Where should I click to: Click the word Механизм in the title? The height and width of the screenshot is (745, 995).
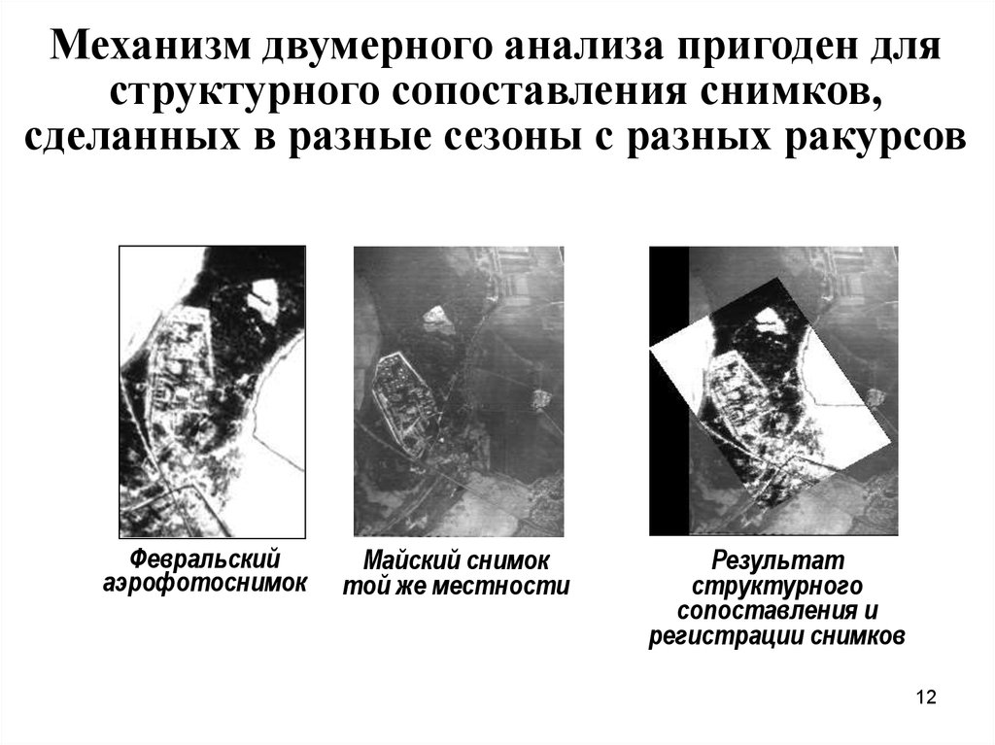tap(150, 47)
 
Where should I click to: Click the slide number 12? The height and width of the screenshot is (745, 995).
tap(926, 696)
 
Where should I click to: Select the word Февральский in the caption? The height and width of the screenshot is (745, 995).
tap(205, 559)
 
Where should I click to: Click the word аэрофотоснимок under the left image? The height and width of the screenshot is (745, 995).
tap(205, 583)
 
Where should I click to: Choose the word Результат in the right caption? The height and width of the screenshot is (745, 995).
tap(778, 561)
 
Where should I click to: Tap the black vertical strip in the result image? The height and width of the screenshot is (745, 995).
tap(669, 390)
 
